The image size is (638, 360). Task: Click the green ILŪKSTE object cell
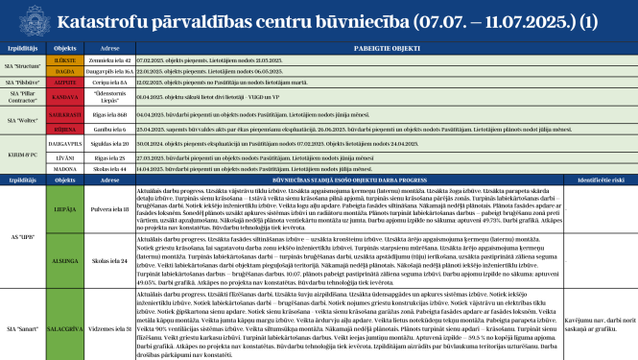(66, 60)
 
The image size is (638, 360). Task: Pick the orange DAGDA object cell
(66, 71)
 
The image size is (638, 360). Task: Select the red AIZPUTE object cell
(66, 83)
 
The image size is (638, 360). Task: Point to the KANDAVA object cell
(66, 97)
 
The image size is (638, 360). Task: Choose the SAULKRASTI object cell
(66, 113)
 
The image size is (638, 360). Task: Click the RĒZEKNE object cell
(66, 127)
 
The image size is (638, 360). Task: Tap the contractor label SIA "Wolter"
(22, 120)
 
